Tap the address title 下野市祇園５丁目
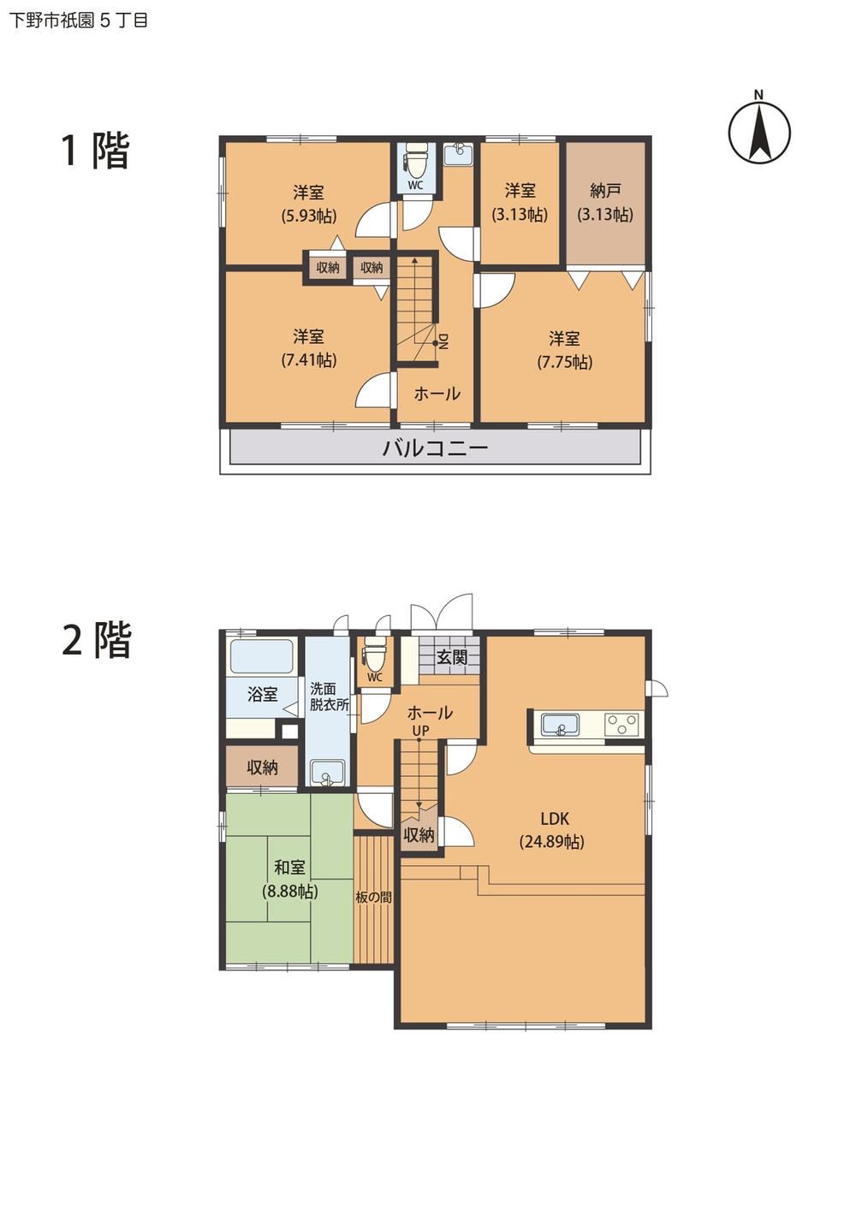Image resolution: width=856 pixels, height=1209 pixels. (x=78, y=21)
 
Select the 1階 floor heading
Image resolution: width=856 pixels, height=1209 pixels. (x=95, y=151)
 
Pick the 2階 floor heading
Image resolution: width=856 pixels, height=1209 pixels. (x=97, y=640)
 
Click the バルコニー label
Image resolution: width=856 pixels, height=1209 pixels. (x=436, y=448)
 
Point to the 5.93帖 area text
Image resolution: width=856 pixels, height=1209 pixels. (x=308, y=216)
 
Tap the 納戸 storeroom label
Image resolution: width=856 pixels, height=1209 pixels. (x=605, y=191)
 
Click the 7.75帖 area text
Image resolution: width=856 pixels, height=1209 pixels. (x=564, y=362)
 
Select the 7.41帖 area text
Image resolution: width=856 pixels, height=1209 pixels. (x=308, y=359)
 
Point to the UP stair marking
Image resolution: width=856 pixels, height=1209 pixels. (x=420, y=730)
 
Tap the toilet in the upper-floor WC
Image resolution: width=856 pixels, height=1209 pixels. (x=415, y=161)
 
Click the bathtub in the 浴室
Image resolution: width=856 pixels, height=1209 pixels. (x=262, y=656)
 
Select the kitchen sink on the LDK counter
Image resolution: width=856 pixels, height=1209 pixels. (x=561, y=725)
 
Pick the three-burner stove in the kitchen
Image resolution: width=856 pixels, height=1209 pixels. (x=621, y=723)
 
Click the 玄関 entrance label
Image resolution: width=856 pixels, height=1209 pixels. (x=451, y=657)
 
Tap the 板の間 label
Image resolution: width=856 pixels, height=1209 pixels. (x=373, y=898)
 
